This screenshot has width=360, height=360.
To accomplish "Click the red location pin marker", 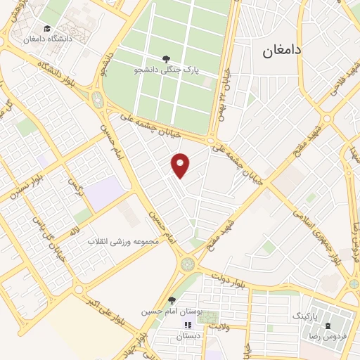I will [181, 165].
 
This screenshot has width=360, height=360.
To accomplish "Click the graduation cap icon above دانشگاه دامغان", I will [46, 29].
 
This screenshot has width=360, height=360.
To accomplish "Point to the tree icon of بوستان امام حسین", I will [172, 300].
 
